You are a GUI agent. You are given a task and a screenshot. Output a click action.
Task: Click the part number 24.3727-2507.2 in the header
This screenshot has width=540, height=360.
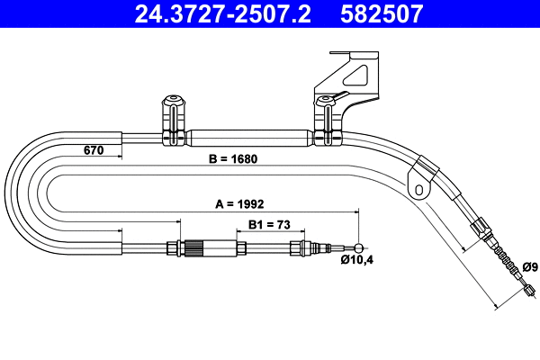(214, 13)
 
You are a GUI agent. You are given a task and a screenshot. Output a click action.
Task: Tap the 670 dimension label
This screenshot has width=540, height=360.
(94, 149)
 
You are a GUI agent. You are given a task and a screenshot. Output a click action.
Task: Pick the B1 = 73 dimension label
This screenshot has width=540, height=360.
(269, 226)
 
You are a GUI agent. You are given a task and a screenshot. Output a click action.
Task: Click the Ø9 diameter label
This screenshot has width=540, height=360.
(529, 266)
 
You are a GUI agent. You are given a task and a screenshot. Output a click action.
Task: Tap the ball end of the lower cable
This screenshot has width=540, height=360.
(360, 247)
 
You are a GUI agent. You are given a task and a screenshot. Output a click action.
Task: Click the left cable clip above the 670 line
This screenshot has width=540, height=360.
(171, 121)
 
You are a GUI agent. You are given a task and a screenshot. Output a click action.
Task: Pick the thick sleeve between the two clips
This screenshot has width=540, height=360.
(247, 139)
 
